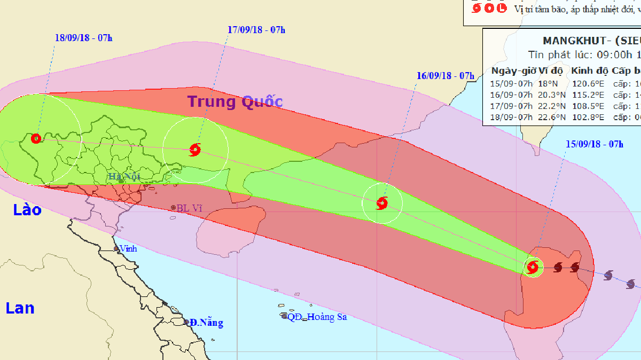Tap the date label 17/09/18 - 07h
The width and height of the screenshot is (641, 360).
pyautogui.click(x=256, y=29)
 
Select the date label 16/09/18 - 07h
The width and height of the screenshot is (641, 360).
pyautogui.click(x=445, y=75)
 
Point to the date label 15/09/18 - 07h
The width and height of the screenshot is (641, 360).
pyautogui.click(x=595, y=144)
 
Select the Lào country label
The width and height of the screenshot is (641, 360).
pyautogui.click(x=28, y=210)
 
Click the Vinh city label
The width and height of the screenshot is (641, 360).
pyautogui.click(x=128, y=248)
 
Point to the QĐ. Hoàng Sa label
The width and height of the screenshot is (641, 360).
pyautogui.click(x=317, y=317)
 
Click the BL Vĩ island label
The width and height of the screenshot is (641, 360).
pyautogui.click(x=191, y=207)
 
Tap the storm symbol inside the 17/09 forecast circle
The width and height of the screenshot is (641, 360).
pyautogui.click(x=195, y=150)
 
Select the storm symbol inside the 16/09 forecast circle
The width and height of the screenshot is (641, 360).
pyautogui.click(x=382, y=203)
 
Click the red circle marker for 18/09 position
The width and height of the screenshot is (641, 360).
pyautogui.click(x=36, y=139)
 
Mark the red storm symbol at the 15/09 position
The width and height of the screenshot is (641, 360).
pyautogui.click(x=533, y=267)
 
